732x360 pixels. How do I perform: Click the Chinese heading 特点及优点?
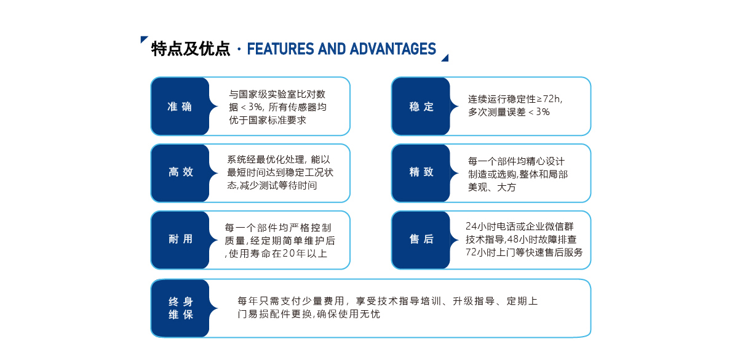[x=191, y=49]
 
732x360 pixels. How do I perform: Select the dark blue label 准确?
[x=180, y=106]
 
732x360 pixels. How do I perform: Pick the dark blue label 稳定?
[x=421, y=106]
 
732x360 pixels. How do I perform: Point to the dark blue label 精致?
[x=421, y=173]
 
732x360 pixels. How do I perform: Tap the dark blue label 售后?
[x=421, y=240]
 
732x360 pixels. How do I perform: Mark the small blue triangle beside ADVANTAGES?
[x=445, y=58]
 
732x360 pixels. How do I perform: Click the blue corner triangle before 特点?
[x=144, y=39]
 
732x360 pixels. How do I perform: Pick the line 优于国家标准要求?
[x=270, y=119]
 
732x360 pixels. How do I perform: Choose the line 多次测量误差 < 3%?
[x=509, y=112]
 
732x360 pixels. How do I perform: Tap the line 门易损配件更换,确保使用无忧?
[x=309, y=314]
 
